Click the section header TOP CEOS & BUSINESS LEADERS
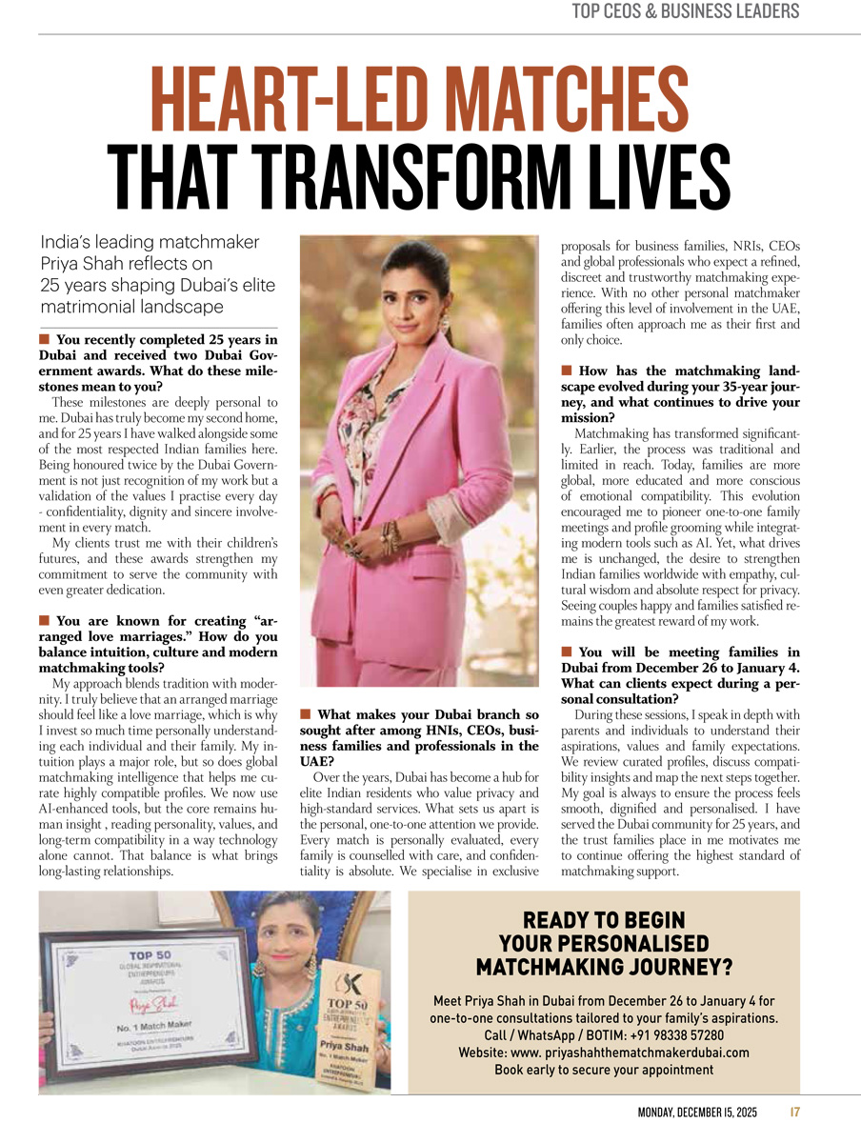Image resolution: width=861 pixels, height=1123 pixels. [685, 12]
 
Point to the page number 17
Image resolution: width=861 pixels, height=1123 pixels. [794, 1111]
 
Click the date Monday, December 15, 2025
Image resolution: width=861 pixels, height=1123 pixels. [698, 1111]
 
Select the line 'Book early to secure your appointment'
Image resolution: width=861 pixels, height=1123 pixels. [604, 1070]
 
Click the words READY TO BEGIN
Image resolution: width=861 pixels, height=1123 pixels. [604, 920]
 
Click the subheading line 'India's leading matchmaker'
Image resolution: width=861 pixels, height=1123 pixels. [150, 242]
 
